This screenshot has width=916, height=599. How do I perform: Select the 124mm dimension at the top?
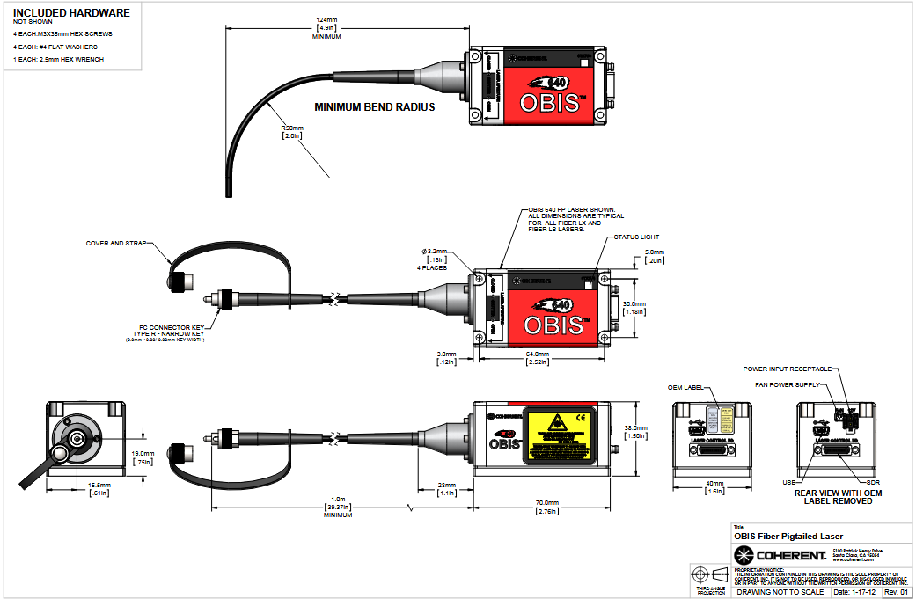pos(326,19)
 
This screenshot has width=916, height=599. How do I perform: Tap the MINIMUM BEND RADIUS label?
pos(375,107)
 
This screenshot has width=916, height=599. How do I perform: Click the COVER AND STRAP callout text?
pos(116,243)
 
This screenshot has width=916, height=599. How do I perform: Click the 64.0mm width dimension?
pos(538,354)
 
